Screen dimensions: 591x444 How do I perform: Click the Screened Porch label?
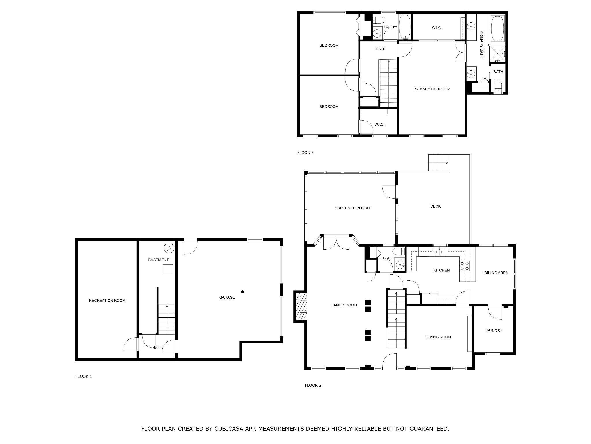point(352,208)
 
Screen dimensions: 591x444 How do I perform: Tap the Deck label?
point(435,206)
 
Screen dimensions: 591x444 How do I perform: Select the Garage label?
point(227,297)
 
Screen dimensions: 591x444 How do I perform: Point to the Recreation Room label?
point(107,301)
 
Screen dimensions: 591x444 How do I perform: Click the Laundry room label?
point(493,331)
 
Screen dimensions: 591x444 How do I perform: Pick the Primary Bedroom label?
point(432,89)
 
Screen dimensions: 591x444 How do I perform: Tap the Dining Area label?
point(496,273)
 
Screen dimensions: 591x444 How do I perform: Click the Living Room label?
point(439,337)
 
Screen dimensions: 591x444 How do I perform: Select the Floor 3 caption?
point(305,153)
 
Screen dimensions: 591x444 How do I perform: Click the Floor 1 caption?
point(84,376)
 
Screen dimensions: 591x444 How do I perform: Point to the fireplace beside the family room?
point(300,306)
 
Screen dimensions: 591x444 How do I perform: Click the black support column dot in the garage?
point(243,292)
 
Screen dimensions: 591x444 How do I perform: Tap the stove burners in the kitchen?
point(465,266)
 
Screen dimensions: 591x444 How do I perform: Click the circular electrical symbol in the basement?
point(169,248)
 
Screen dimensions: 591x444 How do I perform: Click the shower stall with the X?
point(497,54)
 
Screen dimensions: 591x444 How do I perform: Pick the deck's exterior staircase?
point(438,163)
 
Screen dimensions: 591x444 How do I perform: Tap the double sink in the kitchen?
point(439,252)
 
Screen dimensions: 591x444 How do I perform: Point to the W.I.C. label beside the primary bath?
point(437,28)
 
